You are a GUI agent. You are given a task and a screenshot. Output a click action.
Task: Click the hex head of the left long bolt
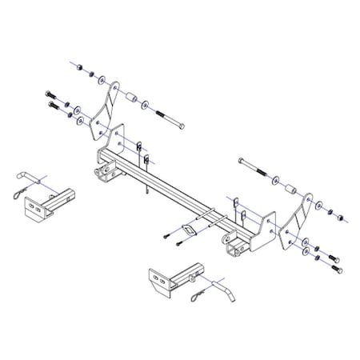click(182, 128)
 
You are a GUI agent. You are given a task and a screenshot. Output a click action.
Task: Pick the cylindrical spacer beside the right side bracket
click(294, 193)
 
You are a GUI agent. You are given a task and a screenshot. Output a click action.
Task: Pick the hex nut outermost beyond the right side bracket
click(339, 217)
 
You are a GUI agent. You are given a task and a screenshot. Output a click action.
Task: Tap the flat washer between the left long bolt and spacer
click(145, 105)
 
